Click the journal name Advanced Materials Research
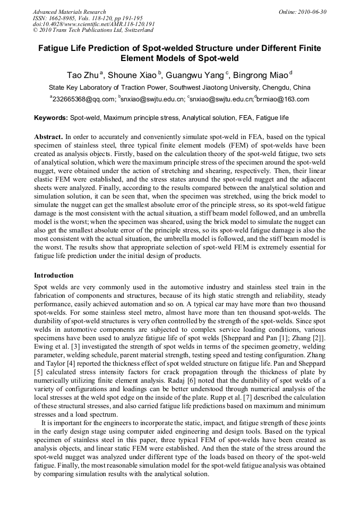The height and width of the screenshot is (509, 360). [69, 12]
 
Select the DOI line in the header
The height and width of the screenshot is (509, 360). [93, 24]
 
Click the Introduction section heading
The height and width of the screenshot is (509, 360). [54, 275]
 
